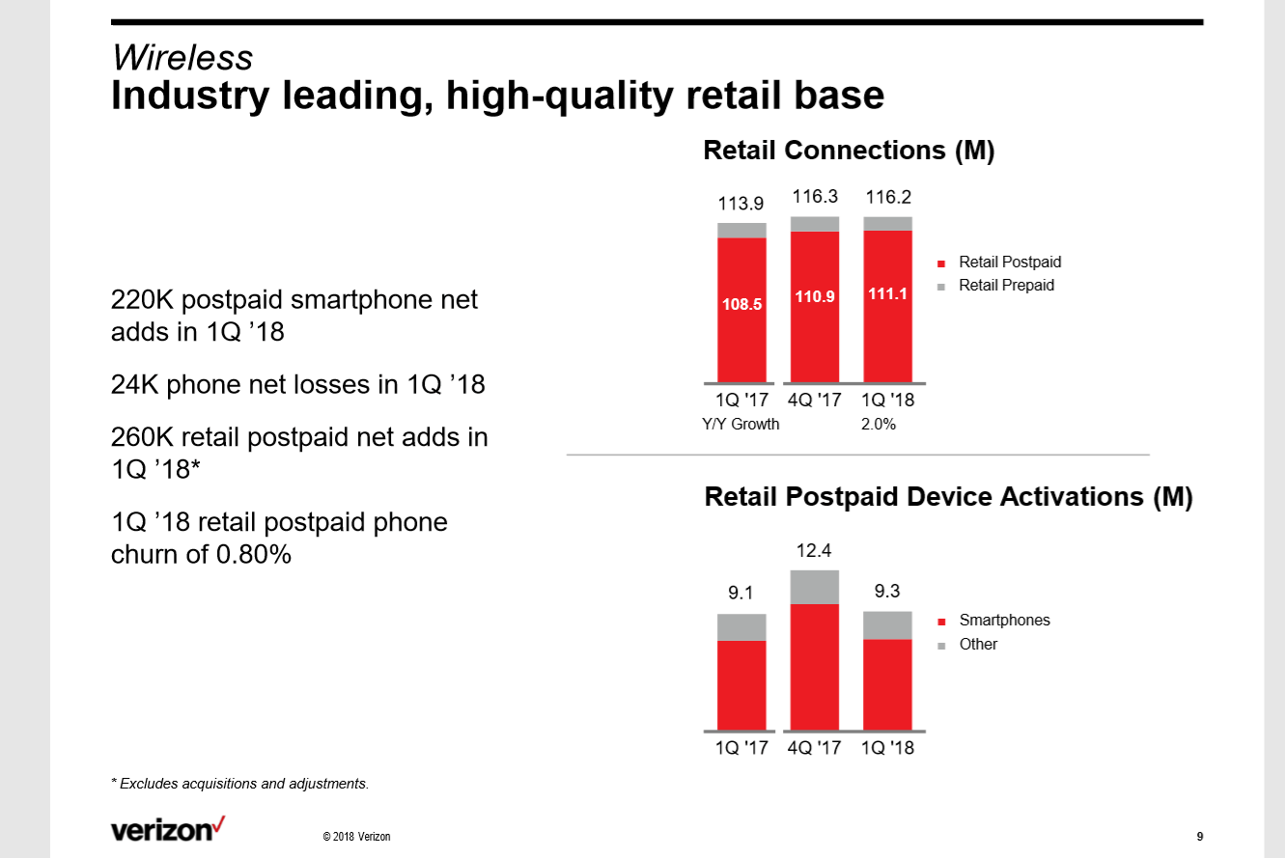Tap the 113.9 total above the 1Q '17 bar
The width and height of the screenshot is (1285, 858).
pyautogui.click(x=740, y=204)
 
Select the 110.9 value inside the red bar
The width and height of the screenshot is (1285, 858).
pyautogui.click(x=815, y=297)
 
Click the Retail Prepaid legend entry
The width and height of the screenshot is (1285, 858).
pyautogui.click(x=1005, y=286)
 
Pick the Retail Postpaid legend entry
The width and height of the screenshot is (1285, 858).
pyautogui.click(x=1009, y=263)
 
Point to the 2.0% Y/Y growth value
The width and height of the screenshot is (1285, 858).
pyautogui.click(x=879, y=424)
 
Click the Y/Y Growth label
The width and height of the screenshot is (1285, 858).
pyautogui.click(x=740, y=424)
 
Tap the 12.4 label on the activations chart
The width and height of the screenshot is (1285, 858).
pyautogui.click(x=814, y=550)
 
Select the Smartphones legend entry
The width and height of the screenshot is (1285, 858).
pyautogui.click(x=1003, y=621)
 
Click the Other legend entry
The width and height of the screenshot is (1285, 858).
pyautogui.click(x=977, y=645)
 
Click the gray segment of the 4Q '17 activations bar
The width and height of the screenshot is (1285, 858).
pyautogui.click(x=814, y=587)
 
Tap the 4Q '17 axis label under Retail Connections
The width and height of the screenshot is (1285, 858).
pyautogui.click(x=815, y=400)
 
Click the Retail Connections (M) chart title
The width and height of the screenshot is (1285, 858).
pyautogui.click(x=849, y=151)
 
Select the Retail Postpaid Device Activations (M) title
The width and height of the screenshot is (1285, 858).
pyautogui.click(x=948, y=497)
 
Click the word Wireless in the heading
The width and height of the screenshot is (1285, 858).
pyautogui.click(x=182, y=58)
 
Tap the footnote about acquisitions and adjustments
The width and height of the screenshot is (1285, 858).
pyautogui.click(x=240, y=784)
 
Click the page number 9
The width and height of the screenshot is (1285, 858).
pyautogui.click(x=1199, y=836)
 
